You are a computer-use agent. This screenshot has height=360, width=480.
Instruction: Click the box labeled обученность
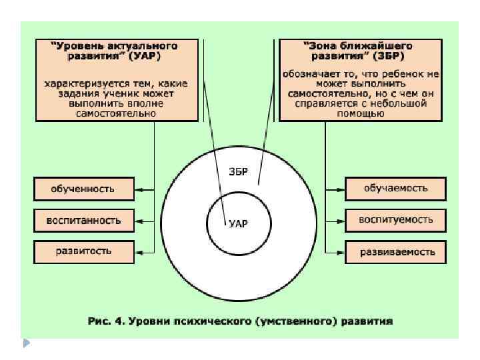coord(83,189)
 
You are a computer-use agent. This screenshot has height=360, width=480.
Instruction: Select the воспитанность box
coord(83,220)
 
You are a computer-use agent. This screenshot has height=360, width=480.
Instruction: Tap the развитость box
coord(83,251)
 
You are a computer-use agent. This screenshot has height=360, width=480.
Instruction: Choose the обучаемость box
coord(395,189)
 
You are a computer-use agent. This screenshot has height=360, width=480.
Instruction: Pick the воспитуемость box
coord(395,219)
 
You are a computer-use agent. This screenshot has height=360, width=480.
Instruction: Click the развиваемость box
coord(395,252)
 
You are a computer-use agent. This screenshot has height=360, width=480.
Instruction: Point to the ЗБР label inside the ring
coord(238,171)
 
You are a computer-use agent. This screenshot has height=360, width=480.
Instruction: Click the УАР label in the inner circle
coord(238,224)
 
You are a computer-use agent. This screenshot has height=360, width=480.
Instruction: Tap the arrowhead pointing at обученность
coord(138,189)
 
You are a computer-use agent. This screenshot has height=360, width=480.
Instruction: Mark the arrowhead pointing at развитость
coord(138,252)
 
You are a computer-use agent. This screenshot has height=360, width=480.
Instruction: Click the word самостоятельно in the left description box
coord(116,113)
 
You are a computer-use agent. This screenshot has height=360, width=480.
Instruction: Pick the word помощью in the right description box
coord(361,113)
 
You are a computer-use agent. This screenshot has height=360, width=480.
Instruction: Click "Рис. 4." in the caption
coord(107,321)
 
